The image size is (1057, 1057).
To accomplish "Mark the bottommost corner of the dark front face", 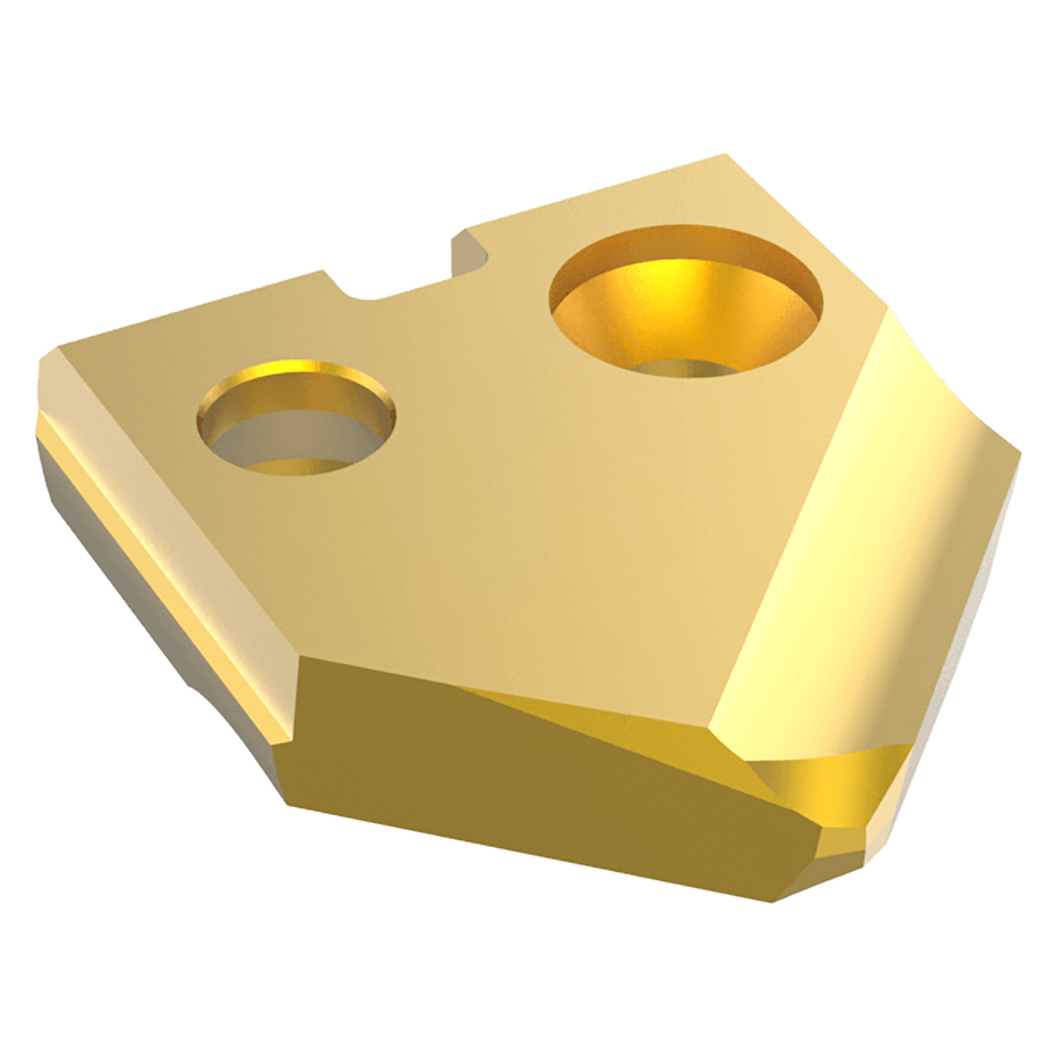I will click(x=772, y=900).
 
